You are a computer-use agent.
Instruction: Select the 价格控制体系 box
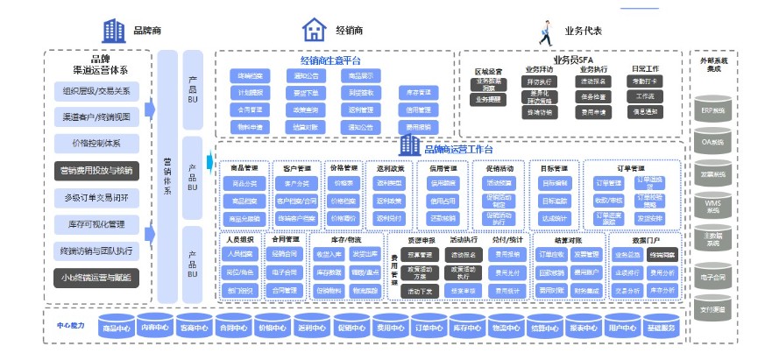coord(97,144)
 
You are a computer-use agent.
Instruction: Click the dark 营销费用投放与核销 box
coord(97,171)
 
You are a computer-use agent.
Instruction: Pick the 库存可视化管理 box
coord(97,225)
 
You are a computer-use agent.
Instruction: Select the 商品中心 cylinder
coord(117,329)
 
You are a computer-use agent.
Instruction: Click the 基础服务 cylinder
coord(661,329)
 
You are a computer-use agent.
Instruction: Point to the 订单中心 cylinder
coord(428,329)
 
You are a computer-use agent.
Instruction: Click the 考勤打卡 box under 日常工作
coord(644,81)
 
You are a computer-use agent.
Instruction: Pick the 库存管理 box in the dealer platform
coord(418,92)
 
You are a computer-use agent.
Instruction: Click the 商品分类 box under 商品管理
coord(244,183)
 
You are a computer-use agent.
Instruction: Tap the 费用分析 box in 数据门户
coord(662,272)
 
